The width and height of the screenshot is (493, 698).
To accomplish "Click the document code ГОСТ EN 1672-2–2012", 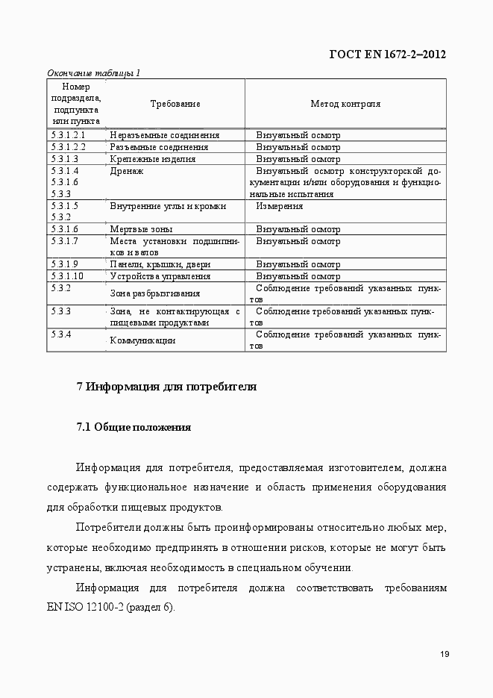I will pyautogui.click(x=388, y=54).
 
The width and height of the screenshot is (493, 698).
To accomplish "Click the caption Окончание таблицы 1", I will pyautogui.click(x=93, y=73).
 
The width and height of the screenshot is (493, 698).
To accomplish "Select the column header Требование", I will pyautogui.click(x=175, y=105).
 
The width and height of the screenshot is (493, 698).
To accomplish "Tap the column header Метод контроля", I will pyautogui.click(x=345, y=105).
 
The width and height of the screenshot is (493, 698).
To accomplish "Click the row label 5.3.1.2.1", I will pyautogui.click(x=69, y=135).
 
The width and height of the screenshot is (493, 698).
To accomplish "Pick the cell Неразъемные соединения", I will pyautogui.click(x=164, y=135).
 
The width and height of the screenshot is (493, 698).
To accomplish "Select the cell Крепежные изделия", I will pyautogui.click(x=153, y=159).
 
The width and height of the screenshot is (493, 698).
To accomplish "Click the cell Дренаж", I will pyautogui.click(x=127, y=171).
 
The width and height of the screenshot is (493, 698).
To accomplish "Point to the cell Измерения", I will pyautogui.click(x=279, y=206).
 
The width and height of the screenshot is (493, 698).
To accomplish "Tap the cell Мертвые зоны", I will pyautogui.click(x=142, y=229).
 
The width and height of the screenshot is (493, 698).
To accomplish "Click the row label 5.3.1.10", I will pyautogui.click(x=67, y=275).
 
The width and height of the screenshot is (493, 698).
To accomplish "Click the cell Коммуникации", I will pyautogui.click(x=142, y=340).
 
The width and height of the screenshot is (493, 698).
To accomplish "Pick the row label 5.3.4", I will pyautogui.click(x=61, y=334).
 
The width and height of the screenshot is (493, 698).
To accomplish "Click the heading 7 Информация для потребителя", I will pyautogui.click(x=166, y=387).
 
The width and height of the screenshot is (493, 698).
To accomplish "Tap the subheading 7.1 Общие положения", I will pyautogui.click(x=134, y=428).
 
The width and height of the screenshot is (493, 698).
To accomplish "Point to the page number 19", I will pyautogui.click(x=443, y=655).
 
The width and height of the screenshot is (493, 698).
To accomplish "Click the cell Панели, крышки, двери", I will pyautogui.click(x=160, y=264).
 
